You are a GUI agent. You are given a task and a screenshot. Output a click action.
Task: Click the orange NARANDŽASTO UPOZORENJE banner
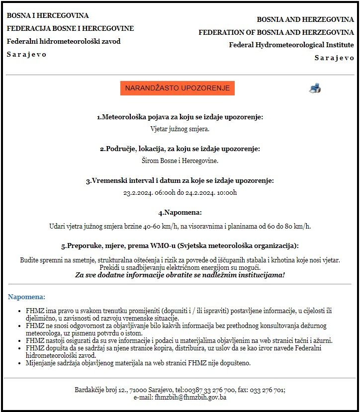[177, 88]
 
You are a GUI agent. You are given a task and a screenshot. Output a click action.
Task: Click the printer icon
[315, 88]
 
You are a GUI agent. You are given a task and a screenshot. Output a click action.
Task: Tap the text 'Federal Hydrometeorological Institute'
[291, 45]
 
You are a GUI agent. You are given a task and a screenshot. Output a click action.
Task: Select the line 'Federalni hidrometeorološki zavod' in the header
[64, 41]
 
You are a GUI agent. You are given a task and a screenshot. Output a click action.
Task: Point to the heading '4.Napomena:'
[180, 212]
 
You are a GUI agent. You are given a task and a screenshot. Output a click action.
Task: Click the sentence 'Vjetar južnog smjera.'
[180, 129]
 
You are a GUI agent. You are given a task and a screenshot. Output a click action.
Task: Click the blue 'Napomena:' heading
[26, 297]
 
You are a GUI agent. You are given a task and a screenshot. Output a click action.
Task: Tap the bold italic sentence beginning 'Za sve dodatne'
[180, 275]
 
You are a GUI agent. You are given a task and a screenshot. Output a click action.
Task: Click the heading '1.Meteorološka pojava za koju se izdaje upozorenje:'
[180, 117]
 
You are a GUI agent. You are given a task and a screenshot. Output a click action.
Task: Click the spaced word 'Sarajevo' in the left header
[27, 54]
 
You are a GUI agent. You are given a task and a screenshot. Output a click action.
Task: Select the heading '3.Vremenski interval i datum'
[180, 181]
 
